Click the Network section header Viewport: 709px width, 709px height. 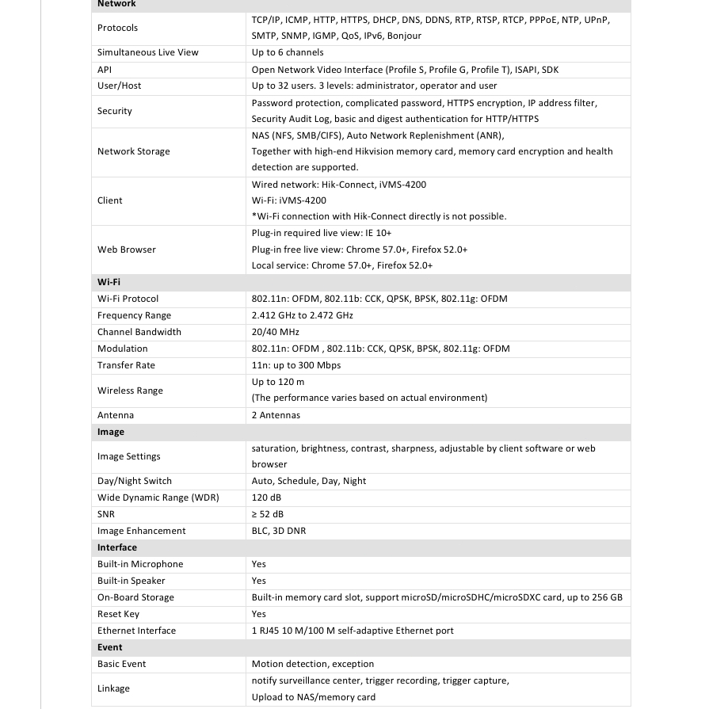(116, 4)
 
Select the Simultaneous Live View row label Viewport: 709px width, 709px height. (147, 52)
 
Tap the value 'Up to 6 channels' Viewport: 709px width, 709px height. (287, 52)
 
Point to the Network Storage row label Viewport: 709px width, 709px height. (133, 151)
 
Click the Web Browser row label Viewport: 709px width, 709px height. (126, 250)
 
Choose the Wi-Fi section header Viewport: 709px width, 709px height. (109, 282)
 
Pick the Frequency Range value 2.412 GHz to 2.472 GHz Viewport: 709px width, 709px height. (302, 315)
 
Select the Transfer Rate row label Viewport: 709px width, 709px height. (126, 365)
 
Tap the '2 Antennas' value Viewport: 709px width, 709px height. (276, 415)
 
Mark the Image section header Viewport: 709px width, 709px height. (111, 432)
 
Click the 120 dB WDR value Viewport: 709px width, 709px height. (266, 497)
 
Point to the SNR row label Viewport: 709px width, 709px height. (106, 514)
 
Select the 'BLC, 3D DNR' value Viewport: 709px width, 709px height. (278, 531)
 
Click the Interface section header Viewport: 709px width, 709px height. (117, 547)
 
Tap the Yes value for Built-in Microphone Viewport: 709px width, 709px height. (259, 564)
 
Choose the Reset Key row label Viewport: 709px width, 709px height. (118, 614)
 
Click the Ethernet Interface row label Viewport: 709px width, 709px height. (136, 631)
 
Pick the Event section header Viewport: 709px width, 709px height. (110, 647)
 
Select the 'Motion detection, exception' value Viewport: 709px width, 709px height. (312, 664)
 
